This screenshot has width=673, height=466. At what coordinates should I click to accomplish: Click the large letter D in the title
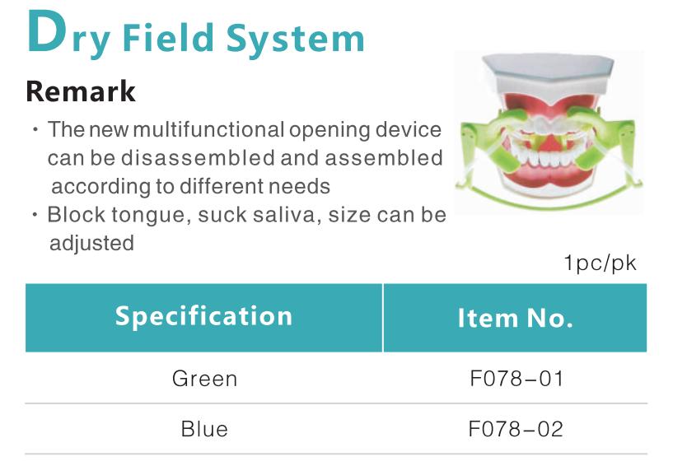point(47,32)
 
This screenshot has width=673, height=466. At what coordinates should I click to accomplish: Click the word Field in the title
point(168,37)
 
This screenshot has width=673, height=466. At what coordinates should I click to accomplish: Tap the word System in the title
point(295,39)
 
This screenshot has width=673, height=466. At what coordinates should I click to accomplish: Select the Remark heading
point(81,91)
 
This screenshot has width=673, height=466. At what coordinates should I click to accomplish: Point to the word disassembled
point(199,158)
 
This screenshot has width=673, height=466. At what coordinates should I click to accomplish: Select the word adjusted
point(92,244)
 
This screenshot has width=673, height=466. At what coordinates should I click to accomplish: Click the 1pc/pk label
point(600,263)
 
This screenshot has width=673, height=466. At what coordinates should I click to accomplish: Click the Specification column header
point(203,316)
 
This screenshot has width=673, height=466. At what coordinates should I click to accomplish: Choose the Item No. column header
point(515,318)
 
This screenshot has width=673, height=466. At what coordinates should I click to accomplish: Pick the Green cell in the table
point(205,379)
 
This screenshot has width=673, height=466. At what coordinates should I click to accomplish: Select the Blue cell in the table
point(204,429)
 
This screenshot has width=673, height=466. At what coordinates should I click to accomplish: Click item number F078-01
point(516,379)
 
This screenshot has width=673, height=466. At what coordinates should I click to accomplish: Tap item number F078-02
point(516,429)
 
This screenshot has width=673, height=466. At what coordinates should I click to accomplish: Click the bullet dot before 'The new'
point(35,129)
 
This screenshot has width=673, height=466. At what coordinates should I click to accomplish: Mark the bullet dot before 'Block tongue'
point(35,215)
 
